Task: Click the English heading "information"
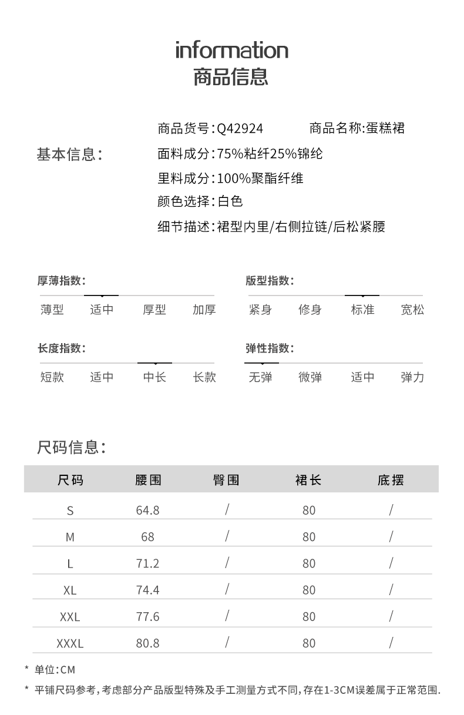pyautogui.click(x=232, y=50)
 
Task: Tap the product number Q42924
pyautogui.click(x=240, y=129)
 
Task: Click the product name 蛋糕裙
pyautogui.click(x=385, y=128)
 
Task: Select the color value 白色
pyautogui.click(x=230, y=202)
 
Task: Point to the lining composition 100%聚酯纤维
pyautogui.click(x=260, y=178)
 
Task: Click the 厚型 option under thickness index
pyautogui.click(x=154, y=310)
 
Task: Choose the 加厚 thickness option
pyautogui.click(x=204, y=310)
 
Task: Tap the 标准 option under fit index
pyautogui.click(x=362, y=310)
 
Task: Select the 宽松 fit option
pyautogui.click(x=412, y=310)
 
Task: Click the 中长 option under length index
pyautogui.click(x=154, y=377)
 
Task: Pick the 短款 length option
pyautogui.click(x=52, y=377)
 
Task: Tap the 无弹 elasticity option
pyautogui.click(x=260, y=377)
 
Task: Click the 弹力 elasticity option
pyautogui.click(x=412, y=377)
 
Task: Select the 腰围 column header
pyautogui.click(x=148, y=480)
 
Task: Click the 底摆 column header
pyautogui.click(x=391, y=480)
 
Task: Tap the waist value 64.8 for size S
pyautogui.click(x=148, y=510)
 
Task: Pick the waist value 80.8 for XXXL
pyautogui.click(x=148, y=643)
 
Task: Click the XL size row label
pyautogui.click(x=70, y=590)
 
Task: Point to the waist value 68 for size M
pyautogui.click(x=148, y=536)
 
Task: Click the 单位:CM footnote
pyautogui.click(x=55, y=669)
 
